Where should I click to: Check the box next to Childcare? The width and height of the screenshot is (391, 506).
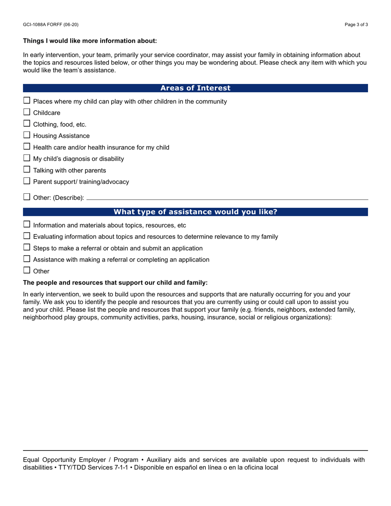tap(27, 112)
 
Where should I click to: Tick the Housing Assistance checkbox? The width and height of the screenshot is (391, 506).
tap(27, 135)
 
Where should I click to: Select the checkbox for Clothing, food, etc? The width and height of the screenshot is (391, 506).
tap(27, 123)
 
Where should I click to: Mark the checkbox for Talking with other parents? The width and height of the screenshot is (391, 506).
tap(27, 169)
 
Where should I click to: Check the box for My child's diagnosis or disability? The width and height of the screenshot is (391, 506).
tap(27, 158)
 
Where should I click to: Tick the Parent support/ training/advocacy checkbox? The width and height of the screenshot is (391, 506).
tap(27, 181)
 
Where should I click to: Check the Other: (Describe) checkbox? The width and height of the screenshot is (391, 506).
tap(27, 197)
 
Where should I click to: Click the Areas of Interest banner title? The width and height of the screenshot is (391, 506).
tap(195, 88)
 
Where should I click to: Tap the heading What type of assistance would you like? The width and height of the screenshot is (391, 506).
tap(195, 212)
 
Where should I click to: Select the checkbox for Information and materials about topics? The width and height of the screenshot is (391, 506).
tap(27, 225)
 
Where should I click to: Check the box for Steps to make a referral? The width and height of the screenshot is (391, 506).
tap(27, 248)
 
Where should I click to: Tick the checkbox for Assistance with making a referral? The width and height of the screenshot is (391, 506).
tap(27, 259)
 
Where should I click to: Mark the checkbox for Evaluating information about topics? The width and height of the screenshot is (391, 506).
tap(27, 236)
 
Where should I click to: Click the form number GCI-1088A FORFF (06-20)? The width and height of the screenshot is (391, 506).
tap(51, 25)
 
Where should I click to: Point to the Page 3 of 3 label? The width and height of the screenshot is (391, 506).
tap(356, 25)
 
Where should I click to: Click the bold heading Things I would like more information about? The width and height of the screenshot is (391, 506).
tap(90, 41)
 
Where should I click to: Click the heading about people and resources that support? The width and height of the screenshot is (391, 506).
tap(115, 283)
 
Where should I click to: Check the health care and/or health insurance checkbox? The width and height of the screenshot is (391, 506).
tap(27, 146)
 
